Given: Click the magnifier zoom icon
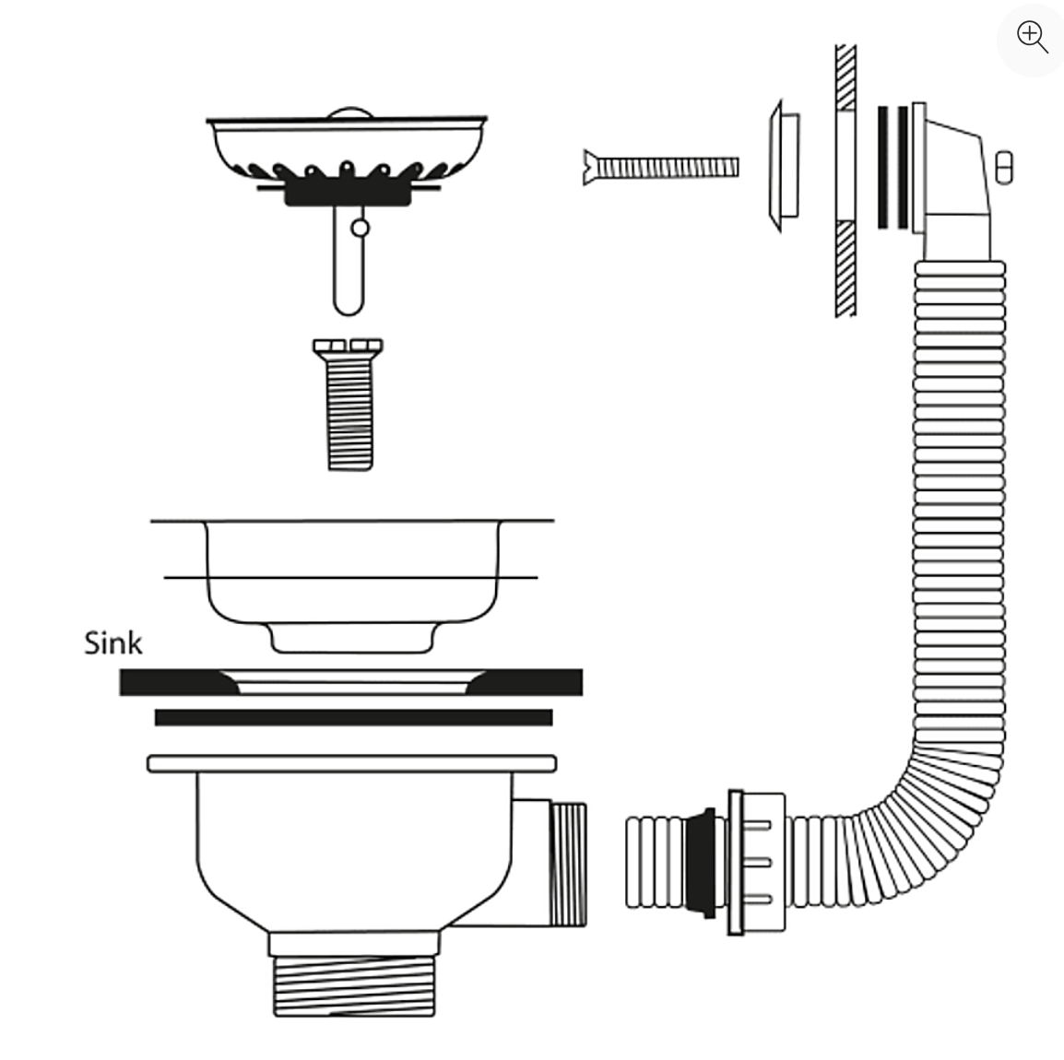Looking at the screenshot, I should coord(1031,38).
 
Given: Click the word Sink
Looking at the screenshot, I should coord(112,642).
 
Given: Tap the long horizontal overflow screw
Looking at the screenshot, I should coord(662,168).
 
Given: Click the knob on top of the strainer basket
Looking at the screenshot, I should coord(347,112).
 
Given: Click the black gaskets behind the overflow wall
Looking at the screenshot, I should coord(892,168).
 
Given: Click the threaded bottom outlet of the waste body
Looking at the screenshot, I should coord(354,985).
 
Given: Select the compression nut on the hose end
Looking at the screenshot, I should coord(756,863).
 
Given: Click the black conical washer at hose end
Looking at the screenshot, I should coord(706,863).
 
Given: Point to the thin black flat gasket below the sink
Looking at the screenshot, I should coord(353,717).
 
